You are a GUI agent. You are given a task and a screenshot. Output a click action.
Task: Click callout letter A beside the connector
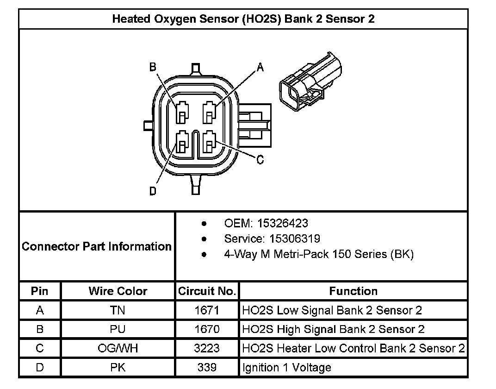point(260,68)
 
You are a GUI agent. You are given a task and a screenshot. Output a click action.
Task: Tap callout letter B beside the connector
point(152,67)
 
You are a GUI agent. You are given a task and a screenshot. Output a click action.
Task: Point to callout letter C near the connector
point(260,160)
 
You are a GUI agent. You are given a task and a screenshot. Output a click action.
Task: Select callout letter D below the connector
point(153,191)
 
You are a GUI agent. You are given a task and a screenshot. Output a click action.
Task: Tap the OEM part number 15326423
point(283,223)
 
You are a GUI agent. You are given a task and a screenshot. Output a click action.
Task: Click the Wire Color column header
point(118,291)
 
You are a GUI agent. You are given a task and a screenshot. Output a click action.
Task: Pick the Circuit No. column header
point(207,291)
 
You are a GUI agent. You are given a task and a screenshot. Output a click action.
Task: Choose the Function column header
point(353,291)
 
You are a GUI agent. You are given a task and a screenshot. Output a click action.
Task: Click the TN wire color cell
point(118,310)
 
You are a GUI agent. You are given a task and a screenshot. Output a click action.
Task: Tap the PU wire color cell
point(118,329)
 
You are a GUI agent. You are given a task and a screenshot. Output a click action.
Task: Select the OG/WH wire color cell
point(118,348)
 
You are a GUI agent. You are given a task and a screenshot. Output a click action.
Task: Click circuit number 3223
point(207,348)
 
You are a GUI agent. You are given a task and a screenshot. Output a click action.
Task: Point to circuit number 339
point(207,367)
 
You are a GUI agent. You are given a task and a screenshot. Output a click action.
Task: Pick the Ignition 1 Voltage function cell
point(287,368)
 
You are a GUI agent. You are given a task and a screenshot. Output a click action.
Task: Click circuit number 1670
point(207,329)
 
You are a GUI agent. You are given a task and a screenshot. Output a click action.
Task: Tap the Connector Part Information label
point(97,246)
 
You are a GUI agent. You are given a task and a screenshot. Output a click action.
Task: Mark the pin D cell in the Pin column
point(40,367)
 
